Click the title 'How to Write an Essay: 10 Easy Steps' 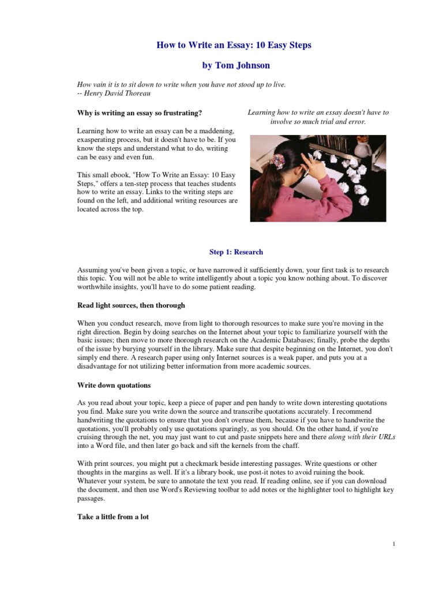[x=234, y=46]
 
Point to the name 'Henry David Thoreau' [x=117, y=93]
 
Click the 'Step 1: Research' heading [x=235, y=252]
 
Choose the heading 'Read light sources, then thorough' [x=131, y=305]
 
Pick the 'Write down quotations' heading [x=114, y=384]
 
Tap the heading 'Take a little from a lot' [x=113, y=517]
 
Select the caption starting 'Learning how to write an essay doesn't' [x=318, y=117]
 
